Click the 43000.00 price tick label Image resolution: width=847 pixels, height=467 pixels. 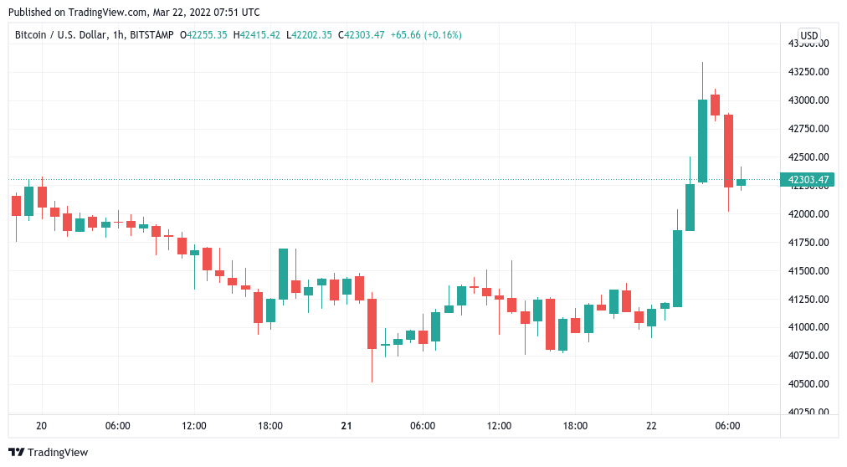pyautogui.click(x=808, y=100)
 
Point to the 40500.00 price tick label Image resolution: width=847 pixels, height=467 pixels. pyautogui.click(x=808, y=384)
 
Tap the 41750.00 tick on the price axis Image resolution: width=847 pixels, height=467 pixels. pyautogui.click(x=808, y=242)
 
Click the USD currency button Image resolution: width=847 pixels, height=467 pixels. pyautogui.click(x=809, y=35)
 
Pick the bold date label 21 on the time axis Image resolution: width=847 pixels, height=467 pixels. pyautogui.click(x=346, y=425)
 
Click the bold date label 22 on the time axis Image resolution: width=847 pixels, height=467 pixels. pyautogui.click(x=651, y=425)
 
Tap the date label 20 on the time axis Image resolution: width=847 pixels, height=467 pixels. pyautogui.click(x=42, y=425)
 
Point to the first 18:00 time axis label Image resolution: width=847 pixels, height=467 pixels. pyautogui.click(x=270, y=425)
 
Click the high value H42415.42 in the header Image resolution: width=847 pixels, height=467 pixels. pyautogui.click(x=257, y=35)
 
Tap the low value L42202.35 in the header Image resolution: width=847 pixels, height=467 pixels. pyautogui.click(x=309, y=35)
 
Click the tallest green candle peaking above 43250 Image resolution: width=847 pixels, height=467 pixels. pyautogui.click(x=702, y=140)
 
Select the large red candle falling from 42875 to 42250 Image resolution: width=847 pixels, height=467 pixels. pyautogui.click(x=728, y=151)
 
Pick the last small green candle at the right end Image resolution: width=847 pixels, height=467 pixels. pyautogui.click(x=741, y=182)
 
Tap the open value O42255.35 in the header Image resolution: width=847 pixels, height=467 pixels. pyautogui.click(x=205, y=35)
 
